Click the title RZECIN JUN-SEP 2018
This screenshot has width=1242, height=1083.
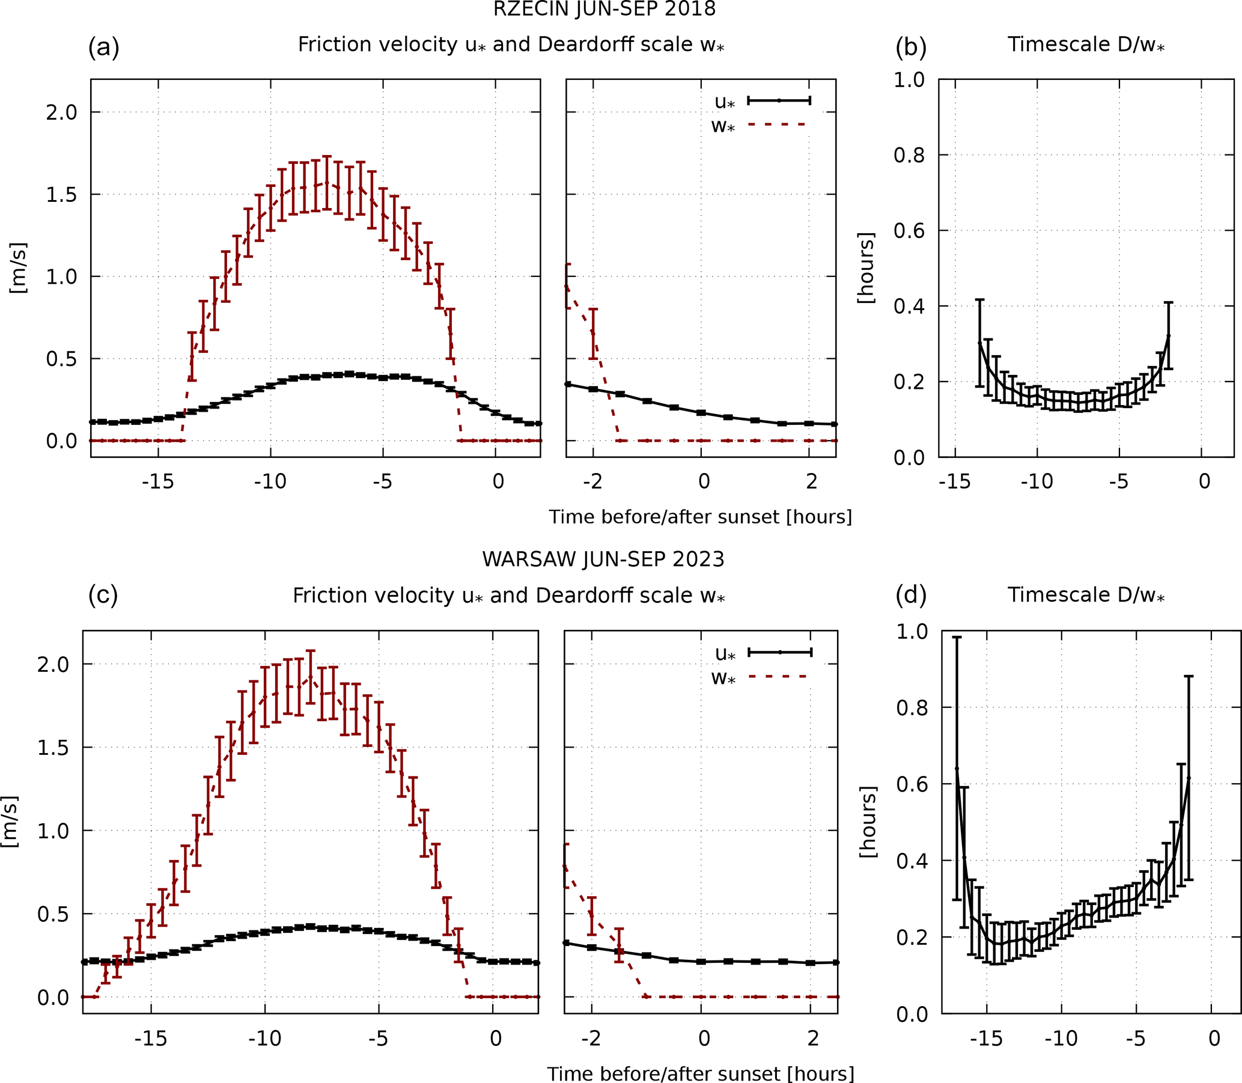click(604, 9)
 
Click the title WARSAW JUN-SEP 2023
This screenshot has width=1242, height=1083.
click(603, 559)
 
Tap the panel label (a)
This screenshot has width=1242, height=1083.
click(103, 46)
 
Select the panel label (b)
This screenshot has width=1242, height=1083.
click(911, 46)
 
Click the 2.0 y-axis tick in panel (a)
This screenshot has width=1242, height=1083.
click(62, 112)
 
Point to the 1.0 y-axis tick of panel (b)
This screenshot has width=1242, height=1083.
click(909, 80)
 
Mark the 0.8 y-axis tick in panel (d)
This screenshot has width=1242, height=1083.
click(912, 708)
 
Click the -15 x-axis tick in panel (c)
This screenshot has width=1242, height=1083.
click(150, 1039)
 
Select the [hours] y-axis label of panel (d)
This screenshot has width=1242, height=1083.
click(868, 822)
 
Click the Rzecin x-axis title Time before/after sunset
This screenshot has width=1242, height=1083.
click(700, 517)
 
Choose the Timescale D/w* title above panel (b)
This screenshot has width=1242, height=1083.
click(1086, 44)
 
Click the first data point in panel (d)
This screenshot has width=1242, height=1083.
click(957, 768)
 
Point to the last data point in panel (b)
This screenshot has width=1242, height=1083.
click(1168, 335)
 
